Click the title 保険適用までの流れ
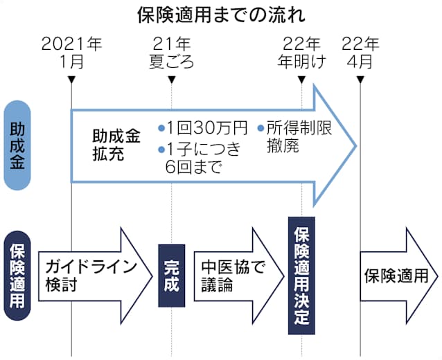coord(221,15)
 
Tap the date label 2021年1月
coord(71,53)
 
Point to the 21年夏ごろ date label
coord(172,53)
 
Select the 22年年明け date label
coord(301,53)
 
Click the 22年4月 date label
coord(360,53)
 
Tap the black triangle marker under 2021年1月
coord(71,80)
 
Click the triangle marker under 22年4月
coord(360,80)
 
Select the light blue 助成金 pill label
coord(17,145)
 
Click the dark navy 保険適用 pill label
coord(17,276)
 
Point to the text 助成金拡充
coord(116,145)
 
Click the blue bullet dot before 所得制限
coord(260,129)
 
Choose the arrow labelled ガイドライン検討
coord(96,276)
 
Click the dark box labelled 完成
coord(172,276)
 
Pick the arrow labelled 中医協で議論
coord(239,276)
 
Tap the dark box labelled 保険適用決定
coord(301,276)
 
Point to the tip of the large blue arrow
coord(357,146)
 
